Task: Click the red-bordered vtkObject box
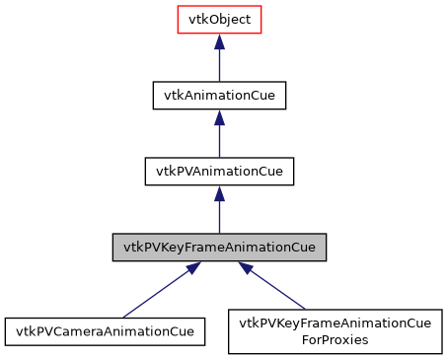coord(219,20)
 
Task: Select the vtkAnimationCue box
coord(219,95)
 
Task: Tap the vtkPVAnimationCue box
coord(219,170)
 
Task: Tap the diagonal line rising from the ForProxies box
coord(280,290)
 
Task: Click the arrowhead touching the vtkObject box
coord(219,42)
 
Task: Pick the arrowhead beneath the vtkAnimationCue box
coord(219,117)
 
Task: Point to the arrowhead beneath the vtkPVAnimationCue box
coord(219,192)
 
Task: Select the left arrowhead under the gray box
coord(189,267)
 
